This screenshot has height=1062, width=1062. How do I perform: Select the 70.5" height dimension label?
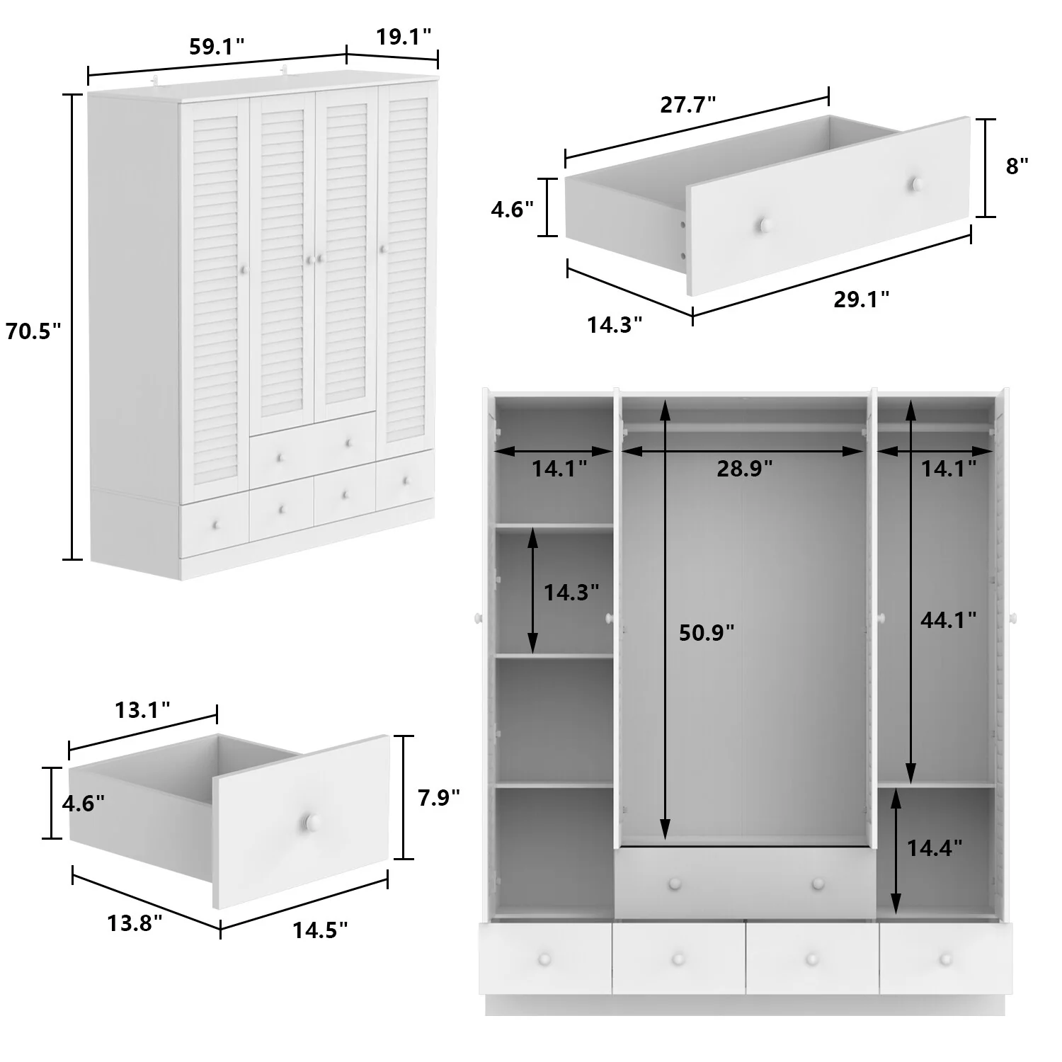(33, 331)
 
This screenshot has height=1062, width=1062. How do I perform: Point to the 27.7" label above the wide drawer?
(688, 105)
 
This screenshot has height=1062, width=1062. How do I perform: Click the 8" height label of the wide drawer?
(1017, 166)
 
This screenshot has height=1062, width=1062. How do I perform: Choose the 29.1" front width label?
(861, 299)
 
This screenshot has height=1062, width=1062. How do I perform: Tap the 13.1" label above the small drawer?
(143, 709)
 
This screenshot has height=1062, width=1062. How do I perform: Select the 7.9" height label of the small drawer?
(439, 798)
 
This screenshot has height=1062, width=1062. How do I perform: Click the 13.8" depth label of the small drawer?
(135, 923)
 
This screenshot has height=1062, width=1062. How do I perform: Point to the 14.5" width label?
(321, 930)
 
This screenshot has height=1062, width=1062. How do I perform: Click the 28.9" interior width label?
(744, 468)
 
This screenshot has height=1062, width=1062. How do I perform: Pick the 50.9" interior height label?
(707, 632)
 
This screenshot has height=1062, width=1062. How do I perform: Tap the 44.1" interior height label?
(949, 620)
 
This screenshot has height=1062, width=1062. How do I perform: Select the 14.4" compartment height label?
(935, 847)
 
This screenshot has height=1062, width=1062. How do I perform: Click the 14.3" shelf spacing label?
(571, 592)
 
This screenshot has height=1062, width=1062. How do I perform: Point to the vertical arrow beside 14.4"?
(896, 850)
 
